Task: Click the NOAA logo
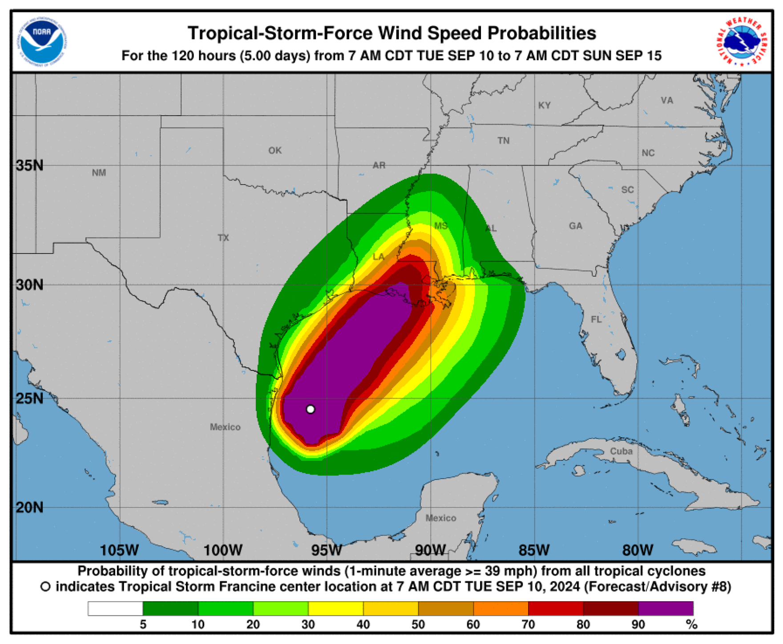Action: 43,41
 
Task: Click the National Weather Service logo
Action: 742,41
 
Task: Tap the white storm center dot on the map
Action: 311,409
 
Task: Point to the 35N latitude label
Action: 29,165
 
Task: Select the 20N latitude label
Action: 29,507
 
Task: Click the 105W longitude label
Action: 119,550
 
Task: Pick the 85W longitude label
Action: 534,550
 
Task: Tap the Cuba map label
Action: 621,451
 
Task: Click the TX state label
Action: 223,238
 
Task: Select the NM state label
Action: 99,173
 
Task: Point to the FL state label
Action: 596,319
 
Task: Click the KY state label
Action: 545,105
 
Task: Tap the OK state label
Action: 275,150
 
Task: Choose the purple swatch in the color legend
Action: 666,608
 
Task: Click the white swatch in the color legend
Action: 115,608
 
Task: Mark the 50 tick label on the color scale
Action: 418,624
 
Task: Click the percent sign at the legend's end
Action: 691,625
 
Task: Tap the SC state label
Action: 627,190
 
